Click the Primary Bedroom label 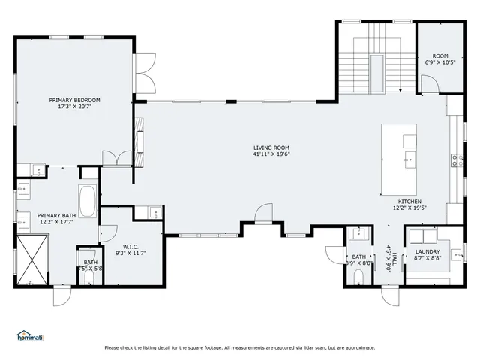pyautogui.click(x=74, y=100)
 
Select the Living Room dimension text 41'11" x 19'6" pyautogui.click(x=271, y=154)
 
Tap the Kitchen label pyautogui.click(x=409, y=202)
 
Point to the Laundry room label pyautogui.click(x=427, y=251)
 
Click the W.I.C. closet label pyautogui.click(x=130, y=247)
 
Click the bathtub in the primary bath pyautogui.click(x=87, y=202)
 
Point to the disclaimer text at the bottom pyautogui.click(x=240, y=347)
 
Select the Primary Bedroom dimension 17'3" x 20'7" pyautogui.click(x=74, y=106)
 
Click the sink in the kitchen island pyautogui.click(x=409, y=160)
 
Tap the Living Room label pyautogui.click(x=271, y=148)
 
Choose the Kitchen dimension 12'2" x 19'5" pyautogui.click(x=409, y=208)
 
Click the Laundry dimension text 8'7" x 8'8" pyautogui.click(x=427, y=258)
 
